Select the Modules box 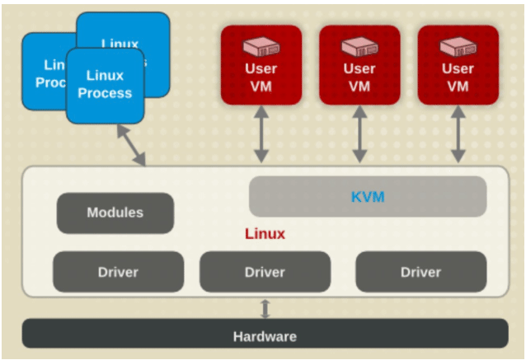pyautogui.click(x=115, y=213)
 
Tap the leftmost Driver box pyautogui.click(x=118, y=272)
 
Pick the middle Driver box pyautogui.click(x=265, y=272)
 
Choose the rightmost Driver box pyautogui.click(x=420, y=272)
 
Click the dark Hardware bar pyautogui.click(x=265, y=336)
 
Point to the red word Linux pyautogui.click(x=265, y=234)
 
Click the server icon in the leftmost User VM pyautogui.click(x=261, y=46)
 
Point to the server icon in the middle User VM pyautogui.click(x=359, y=46)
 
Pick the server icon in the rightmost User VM pyautogui.click(x=458, y=46)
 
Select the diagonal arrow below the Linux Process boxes pyautogui.click(x=131, y=145)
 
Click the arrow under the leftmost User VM pyautogui.click(x=261, y=133)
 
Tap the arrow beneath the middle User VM pyautogui.click(x=359, y=133)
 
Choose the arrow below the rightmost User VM pyautogui.click(x=458, y=133)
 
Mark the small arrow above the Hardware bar pyautogui.click(x=265, y=308)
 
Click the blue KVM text pyautogui.click(x=368, y=197)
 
